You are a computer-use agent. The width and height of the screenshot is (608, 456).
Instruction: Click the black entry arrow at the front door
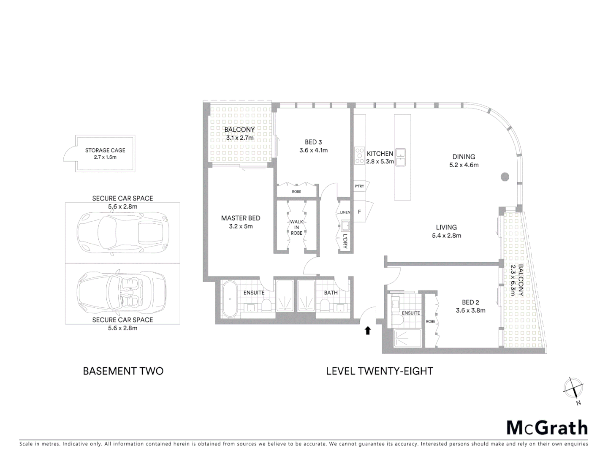pos(368,330)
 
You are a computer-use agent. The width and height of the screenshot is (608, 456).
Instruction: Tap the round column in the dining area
pos(505,177)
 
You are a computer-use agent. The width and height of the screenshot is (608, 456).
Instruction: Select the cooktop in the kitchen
pos(359,155)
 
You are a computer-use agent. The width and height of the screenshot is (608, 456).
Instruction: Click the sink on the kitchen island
pos(400,157)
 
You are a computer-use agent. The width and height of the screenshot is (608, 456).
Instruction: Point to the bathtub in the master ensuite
pos(230,300)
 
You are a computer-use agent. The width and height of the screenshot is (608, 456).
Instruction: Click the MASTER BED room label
pos(241,218)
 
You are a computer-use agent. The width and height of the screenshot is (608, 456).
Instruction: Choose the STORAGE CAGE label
pos(105,150)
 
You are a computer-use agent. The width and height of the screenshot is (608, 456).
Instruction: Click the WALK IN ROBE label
pos(296,227)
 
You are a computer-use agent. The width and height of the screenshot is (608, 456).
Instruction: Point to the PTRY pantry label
pos(359,186)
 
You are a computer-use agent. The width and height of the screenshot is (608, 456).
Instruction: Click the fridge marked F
pos(360,212)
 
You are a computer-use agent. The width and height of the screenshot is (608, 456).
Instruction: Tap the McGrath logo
pos(547,428)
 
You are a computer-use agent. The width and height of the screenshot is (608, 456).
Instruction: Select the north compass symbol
pos(574,388)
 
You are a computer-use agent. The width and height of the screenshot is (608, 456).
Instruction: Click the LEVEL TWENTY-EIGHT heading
pos(380,371)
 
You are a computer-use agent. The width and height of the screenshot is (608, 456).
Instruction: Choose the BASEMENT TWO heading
pos(123,371)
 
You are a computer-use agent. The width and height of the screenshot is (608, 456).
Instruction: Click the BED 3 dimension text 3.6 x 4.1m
pos(313,150)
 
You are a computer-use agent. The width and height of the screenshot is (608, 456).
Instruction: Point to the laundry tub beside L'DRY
pos(345,225)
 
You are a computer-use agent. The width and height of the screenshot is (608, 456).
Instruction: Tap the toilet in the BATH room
pos(324,305)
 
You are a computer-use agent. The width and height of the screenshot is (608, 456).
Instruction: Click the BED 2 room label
pos(470,302)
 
